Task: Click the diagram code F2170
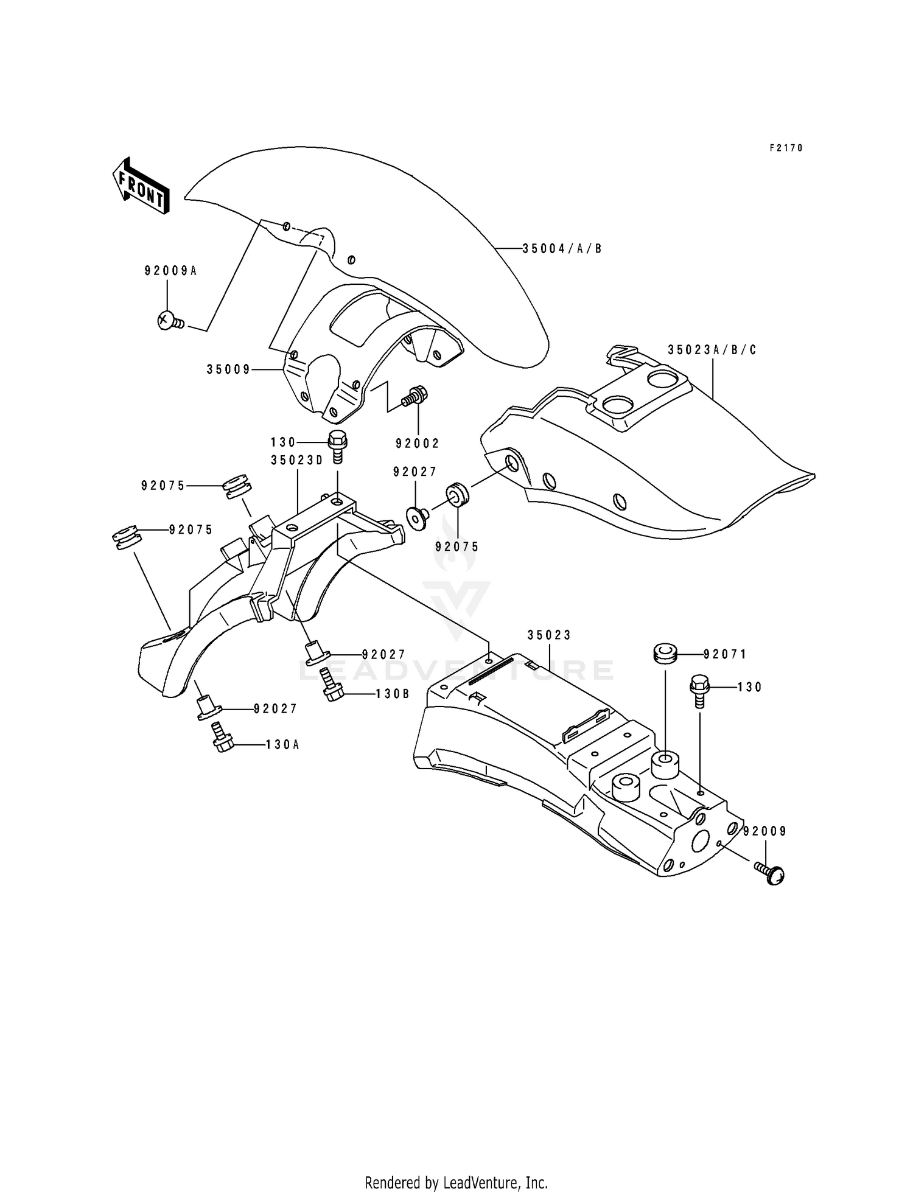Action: (x=786, y=148)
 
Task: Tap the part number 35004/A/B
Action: (x=562, y=248)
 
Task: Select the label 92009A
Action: (x=170, y=271)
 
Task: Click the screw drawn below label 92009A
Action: (x=170, y=321)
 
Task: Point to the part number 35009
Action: (x=228, y=369)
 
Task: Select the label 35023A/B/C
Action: (x=712, y=350)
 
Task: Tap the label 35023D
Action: (x=297, y=461)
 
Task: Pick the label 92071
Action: (x=724, y=654)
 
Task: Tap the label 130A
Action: (x=282, y=744)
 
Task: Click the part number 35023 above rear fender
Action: (x=549, y=635)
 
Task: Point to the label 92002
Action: (x=417, y=444)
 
